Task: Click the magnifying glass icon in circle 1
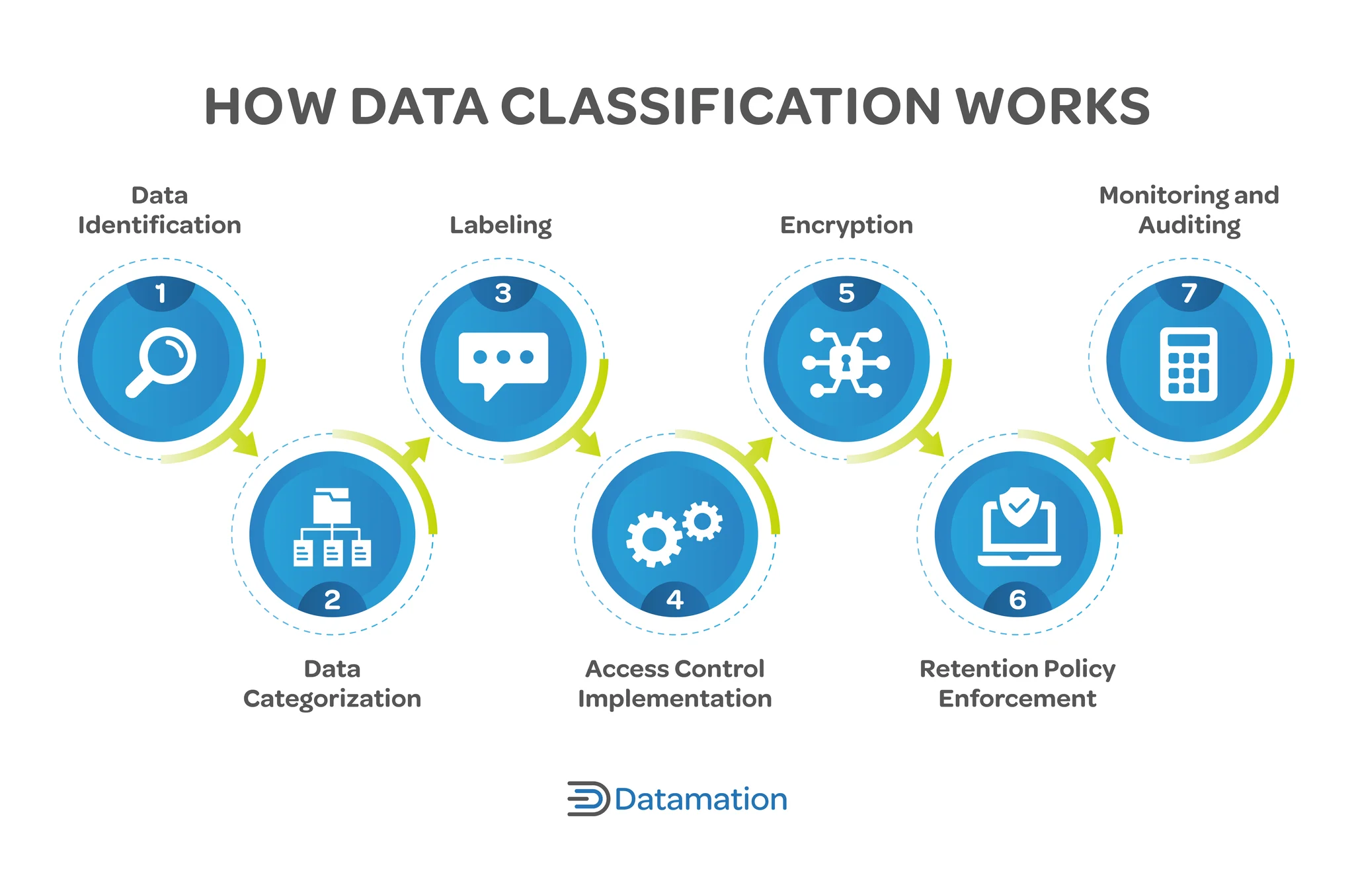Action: click(x=161, y=361)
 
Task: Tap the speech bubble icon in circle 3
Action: click(x=503, y=363)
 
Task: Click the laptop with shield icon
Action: click(x=1018, y=527)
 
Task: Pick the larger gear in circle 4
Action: click(x=653, y=539)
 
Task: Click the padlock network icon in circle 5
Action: click(x=846, y=363)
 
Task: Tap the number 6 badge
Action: click(x=1017, y=599)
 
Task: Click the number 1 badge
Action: click(x=161, y=293)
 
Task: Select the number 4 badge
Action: click(x=674, y=599)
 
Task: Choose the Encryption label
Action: click(x=846, y=225)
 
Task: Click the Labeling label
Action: click(x=500, y=225)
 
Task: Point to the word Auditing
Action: click(x=1189, y=225)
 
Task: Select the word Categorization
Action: click(x=332, y=699)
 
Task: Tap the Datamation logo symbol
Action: click(x=587, y=798)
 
